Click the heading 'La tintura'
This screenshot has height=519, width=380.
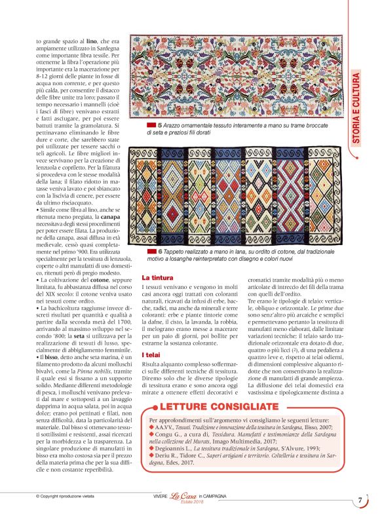tap(157, 277)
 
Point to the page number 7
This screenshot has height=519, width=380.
tap(360, 501)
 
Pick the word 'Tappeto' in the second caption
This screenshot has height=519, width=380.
tap(177, 252)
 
